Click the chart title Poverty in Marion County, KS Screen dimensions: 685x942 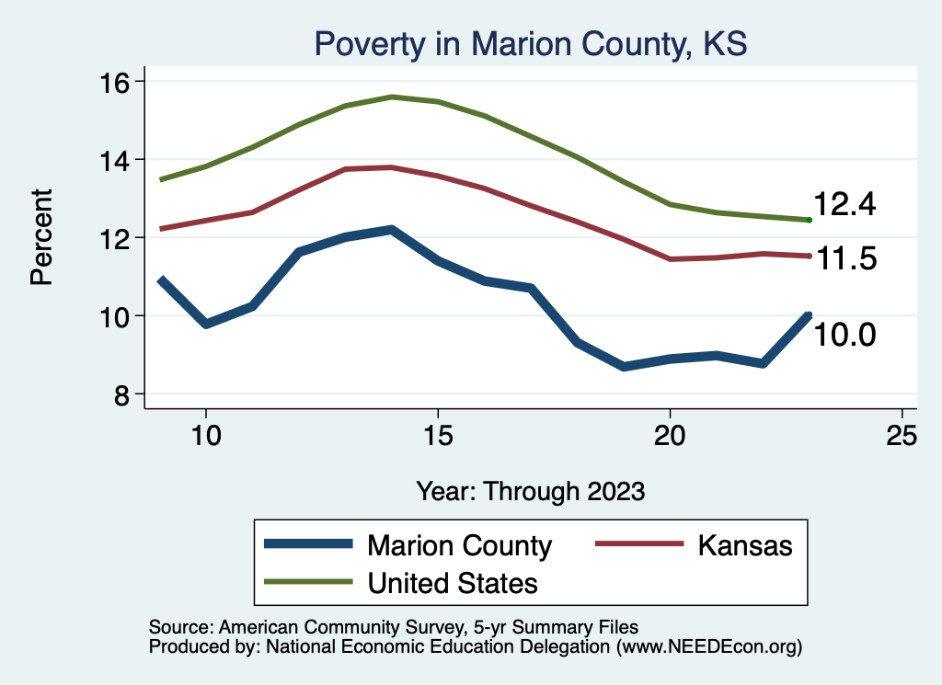coord(531,43)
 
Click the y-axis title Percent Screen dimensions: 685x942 coord(42,237)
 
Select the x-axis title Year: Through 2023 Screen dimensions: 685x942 coord(530,490)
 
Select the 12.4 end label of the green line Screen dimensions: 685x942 coord(844,205)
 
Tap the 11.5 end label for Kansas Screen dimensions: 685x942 coord(844,260)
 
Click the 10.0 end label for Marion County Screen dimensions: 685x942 coord(844,335)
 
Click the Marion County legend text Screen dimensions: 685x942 coord(459,545)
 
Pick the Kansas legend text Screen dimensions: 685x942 coord(744,545)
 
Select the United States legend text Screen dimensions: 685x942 coord(453,582)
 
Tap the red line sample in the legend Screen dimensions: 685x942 coord(639,545)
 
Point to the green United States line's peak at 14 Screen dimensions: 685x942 coord(392,97)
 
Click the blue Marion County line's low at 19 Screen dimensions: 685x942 coord(624,366)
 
